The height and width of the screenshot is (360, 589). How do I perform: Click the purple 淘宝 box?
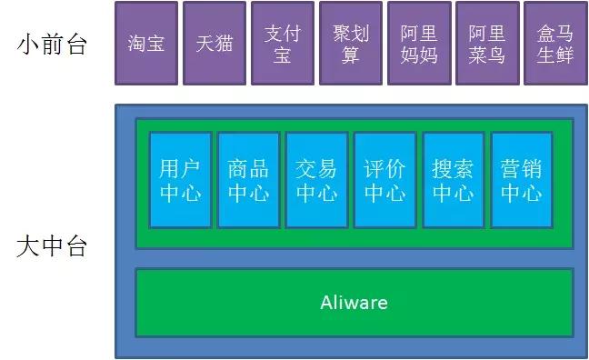(145, 44)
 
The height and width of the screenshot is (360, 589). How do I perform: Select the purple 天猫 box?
(214, 44)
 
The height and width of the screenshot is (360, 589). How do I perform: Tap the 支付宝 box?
(282, 44)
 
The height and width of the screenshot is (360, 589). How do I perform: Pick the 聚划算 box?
(350, 44)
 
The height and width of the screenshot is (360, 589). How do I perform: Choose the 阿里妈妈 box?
(418, 44)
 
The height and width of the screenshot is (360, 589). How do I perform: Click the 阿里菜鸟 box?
(486, 44)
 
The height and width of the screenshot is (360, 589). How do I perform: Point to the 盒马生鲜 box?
(554, 44)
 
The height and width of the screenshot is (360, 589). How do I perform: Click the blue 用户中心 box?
(180, 180)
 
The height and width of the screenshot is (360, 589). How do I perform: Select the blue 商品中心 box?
(248, 180)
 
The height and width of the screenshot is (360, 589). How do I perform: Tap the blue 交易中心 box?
(316, 180)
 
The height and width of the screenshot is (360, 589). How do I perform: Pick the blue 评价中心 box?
(384, 180)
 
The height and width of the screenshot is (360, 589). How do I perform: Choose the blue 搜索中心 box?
(453, 180)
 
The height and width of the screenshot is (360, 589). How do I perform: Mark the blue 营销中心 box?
(521, 180)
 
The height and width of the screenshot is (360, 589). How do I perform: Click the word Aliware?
(354, 302)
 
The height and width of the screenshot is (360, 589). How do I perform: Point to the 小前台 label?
(52, 45)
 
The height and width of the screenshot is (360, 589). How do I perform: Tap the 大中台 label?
(52, 246)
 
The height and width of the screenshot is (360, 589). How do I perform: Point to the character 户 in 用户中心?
(191, 169)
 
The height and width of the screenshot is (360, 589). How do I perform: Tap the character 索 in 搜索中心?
(464, 169)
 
